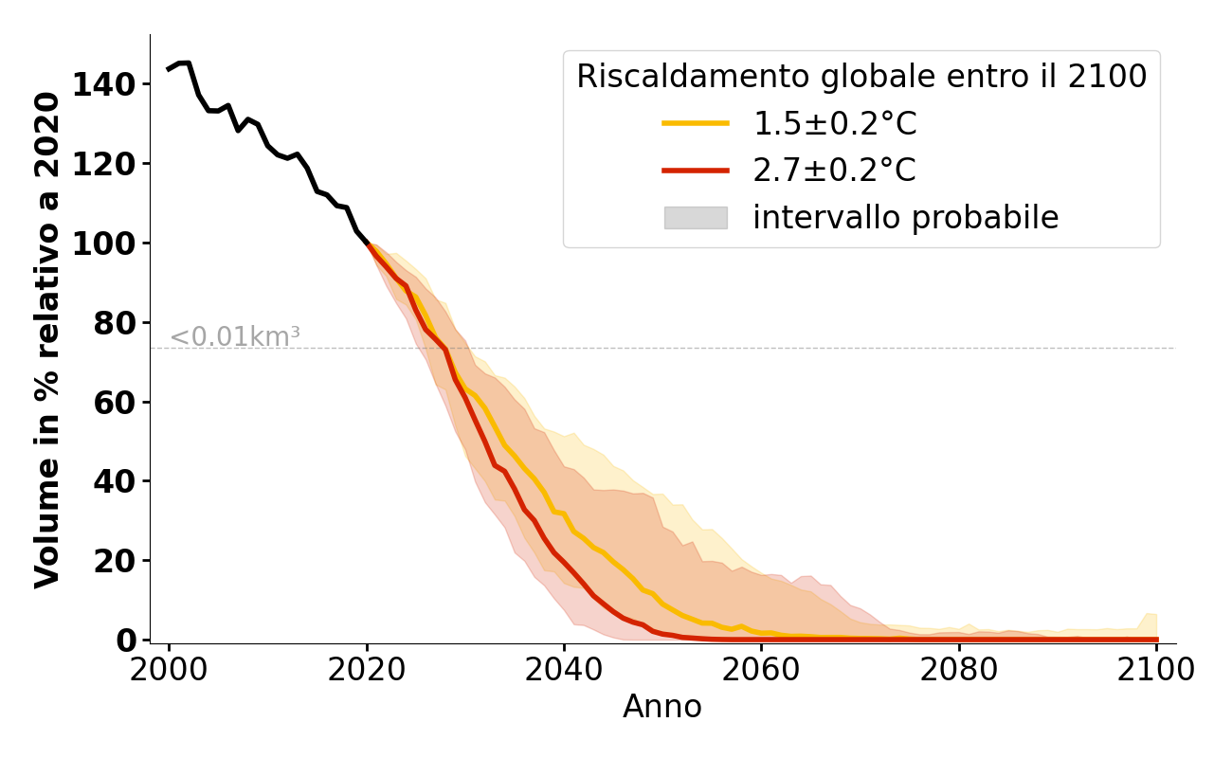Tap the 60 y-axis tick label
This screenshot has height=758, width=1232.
click(115, 403)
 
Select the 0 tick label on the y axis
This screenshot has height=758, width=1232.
click(127, 641)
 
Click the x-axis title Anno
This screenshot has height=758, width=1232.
click(662, 707)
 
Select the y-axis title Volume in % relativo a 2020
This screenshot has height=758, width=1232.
click(48, 339)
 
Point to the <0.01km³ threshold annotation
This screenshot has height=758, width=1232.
click(235, 336)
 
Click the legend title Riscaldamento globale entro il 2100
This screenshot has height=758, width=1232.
click(861, 77)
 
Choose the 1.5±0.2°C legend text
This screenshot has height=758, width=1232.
click(835, 124)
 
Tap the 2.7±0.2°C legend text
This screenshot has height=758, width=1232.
click(835, 171)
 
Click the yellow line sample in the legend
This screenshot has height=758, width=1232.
click(696, 123)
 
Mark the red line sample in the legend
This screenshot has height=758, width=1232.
click(696, 171)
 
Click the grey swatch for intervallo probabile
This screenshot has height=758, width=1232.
click(696, 218)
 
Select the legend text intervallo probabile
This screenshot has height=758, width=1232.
click(905, 218)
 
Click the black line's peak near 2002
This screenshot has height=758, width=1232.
click(185, 63)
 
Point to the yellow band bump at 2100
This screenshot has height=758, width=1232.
click(1150, 623)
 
